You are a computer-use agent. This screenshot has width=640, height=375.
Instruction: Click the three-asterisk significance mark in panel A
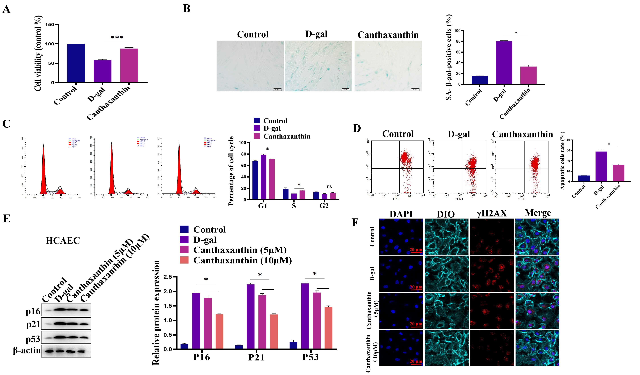(117, 38)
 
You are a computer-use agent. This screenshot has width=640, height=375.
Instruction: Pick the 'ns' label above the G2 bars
(329, 187)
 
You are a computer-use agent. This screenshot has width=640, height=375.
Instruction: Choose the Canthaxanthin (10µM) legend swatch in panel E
(184, 260)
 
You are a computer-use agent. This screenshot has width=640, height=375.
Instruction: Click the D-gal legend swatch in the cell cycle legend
(257, 128)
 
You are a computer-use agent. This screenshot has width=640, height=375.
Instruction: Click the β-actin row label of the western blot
(27, 351)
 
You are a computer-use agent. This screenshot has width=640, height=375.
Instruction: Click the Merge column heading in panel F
(538, 213)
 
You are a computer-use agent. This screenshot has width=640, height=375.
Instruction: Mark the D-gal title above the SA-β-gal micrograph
(316, 34)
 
